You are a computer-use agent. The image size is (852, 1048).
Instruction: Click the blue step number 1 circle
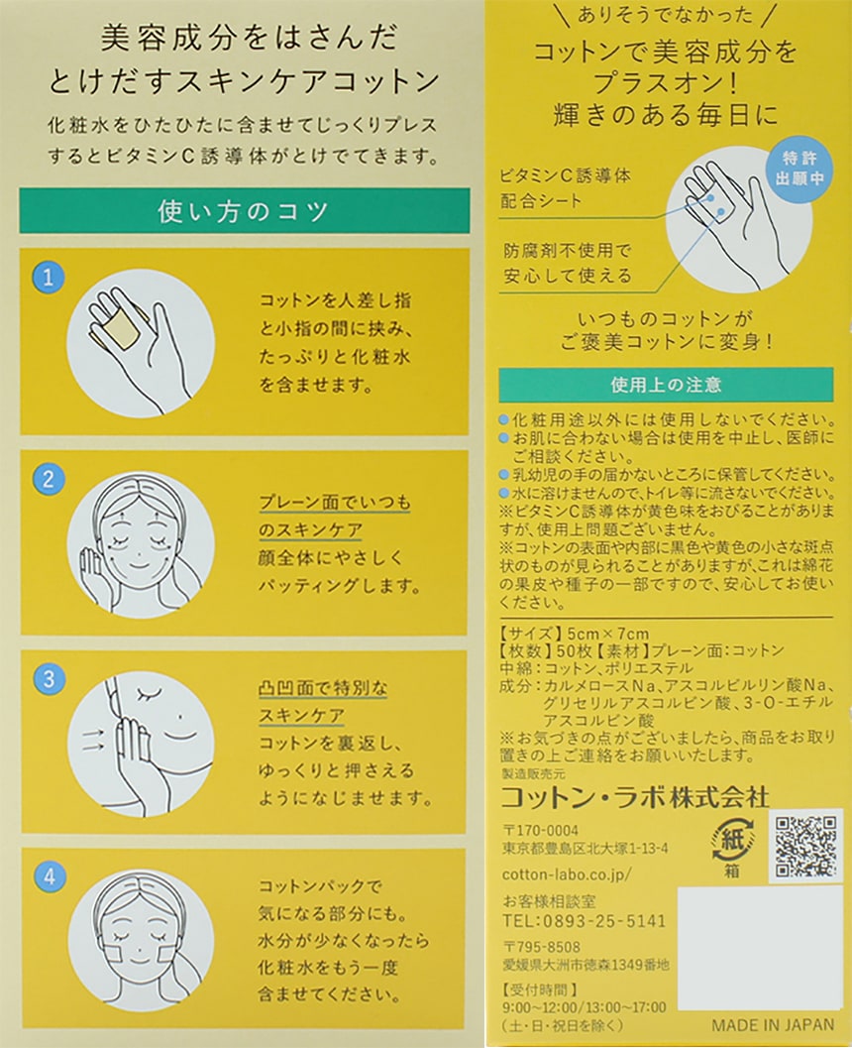tap(49, 278)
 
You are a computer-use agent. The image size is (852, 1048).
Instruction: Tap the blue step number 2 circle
tap(49, 479)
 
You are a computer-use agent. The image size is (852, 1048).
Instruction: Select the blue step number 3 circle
tap(50, 679)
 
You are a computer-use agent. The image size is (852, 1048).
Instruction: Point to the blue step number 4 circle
tap(51, 876)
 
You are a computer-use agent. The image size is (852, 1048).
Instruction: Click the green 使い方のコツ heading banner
tap(245, 211)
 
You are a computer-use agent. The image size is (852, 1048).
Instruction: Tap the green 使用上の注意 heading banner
tap(666, 385)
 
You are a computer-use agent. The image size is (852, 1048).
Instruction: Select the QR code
tap(805, 846)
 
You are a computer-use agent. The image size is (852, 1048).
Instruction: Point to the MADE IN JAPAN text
tap(773, 1025)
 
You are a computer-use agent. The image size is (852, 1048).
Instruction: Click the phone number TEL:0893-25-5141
tap(585, 921)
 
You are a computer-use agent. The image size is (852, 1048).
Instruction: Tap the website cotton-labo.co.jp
tap(567, 874)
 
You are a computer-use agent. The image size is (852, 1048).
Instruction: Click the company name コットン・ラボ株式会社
tap(634, 797)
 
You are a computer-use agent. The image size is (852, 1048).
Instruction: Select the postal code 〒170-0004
tap(541, 831)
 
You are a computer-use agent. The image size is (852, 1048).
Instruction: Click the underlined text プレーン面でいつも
tap(335, 503)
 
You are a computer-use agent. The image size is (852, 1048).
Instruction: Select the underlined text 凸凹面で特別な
tap(323, 688)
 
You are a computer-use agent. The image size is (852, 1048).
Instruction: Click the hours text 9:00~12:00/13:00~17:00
tap(585, 1007)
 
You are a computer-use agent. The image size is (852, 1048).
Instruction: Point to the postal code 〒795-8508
tap(542, 947)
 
